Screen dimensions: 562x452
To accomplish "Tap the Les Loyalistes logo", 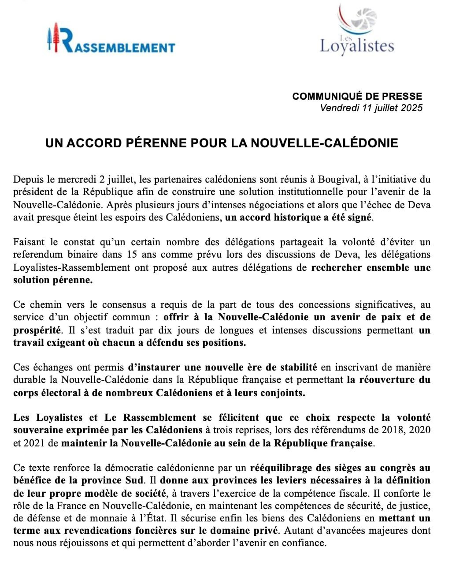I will (357, 31).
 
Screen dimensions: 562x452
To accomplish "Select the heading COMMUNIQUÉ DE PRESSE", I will (357, 96).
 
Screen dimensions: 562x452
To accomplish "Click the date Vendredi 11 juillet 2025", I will (371, 108).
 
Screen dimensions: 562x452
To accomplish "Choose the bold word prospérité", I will (37, 330).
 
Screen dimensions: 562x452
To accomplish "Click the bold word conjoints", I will (282, 393).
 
